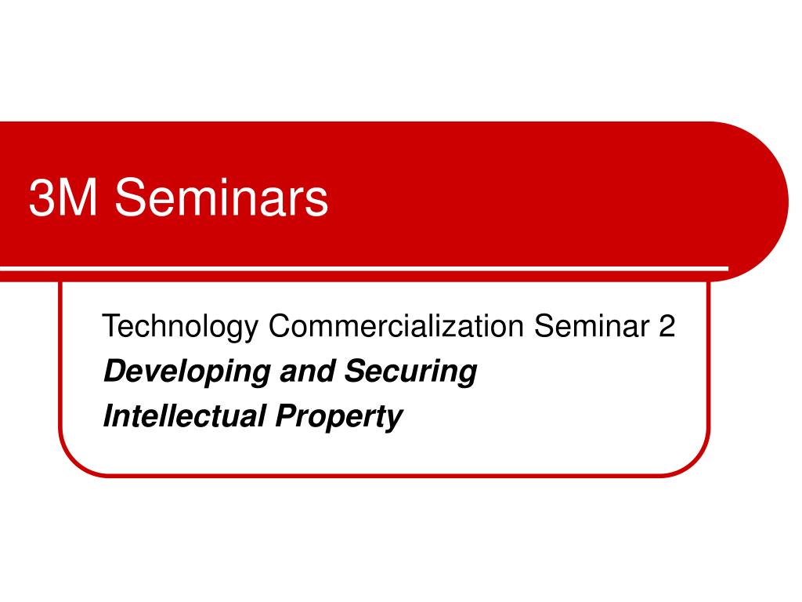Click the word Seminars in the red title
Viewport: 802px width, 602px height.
click(x=222, y=198)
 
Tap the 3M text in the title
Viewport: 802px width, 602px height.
click(x=63, y=198)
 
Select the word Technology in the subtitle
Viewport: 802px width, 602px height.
click(x=179, y=327)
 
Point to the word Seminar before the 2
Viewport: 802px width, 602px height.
click(x=588, y=326)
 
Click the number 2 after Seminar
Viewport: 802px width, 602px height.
click(x=666, y=326)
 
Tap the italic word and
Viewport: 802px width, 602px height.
click(x=307, y=371)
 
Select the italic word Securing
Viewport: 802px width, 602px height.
click(x=410, y=372)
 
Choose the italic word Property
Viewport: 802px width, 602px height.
click(x=338, y=417)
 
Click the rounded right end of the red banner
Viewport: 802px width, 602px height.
click(x=771, y=201)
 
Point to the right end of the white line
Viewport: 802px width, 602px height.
click(x=725, y=269)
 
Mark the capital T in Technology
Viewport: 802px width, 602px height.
click(x=110, y=326)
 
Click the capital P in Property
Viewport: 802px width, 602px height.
click(x=284, y=415)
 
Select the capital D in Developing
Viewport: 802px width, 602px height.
click(x=114, y=371)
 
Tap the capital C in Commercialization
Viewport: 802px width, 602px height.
click(x=280, y=326)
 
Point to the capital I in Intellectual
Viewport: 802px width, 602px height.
click(x=108, y=415)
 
